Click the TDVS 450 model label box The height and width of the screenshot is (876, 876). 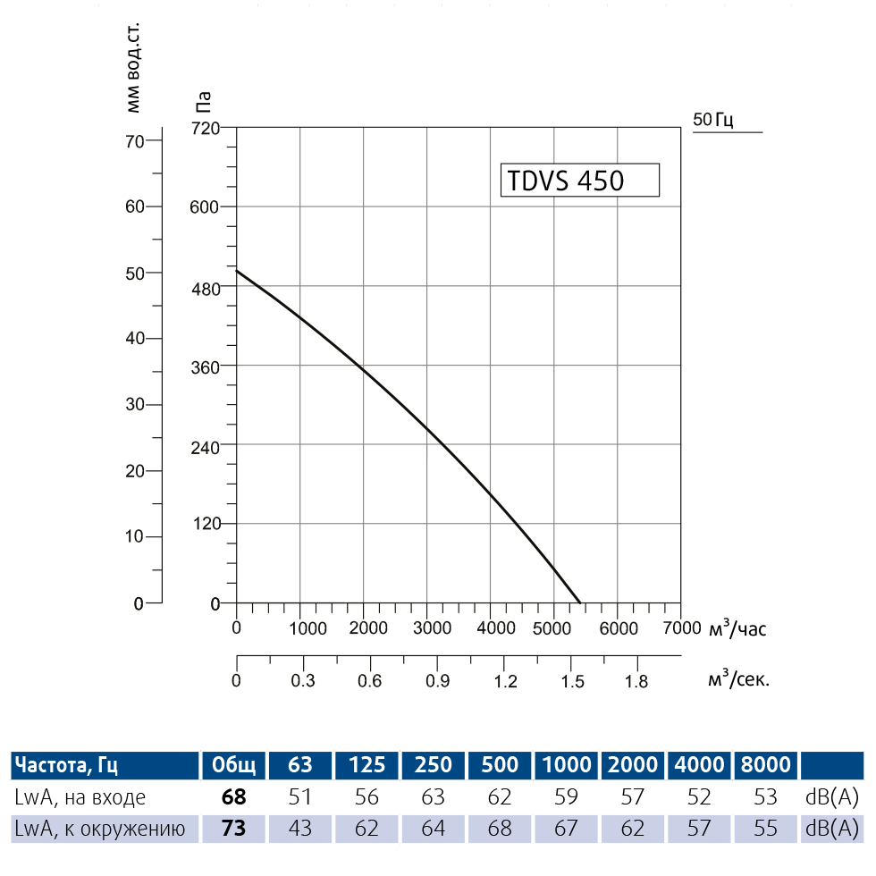pos(579,181)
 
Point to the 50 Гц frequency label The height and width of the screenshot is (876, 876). pos(713,120)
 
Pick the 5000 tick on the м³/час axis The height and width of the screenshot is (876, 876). pos(554,628)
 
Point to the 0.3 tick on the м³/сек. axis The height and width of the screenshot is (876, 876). pos(303,681)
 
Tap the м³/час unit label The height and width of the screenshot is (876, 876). pos(737,628)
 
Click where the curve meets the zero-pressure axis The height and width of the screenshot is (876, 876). pos(579,603)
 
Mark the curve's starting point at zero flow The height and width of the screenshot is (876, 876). pos(237,270)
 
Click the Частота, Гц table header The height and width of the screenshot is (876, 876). pos(66,764)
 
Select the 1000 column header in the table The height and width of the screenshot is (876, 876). pos(566,764)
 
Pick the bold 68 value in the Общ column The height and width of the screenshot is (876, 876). pos(233,796)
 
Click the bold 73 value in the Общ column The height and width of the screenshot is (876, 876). pos(233,829)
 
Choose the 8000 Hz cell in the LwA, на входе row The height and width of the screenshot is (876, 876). pos(765,796)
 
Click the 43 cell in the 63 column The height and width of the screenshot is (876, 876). pos(300,829)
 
